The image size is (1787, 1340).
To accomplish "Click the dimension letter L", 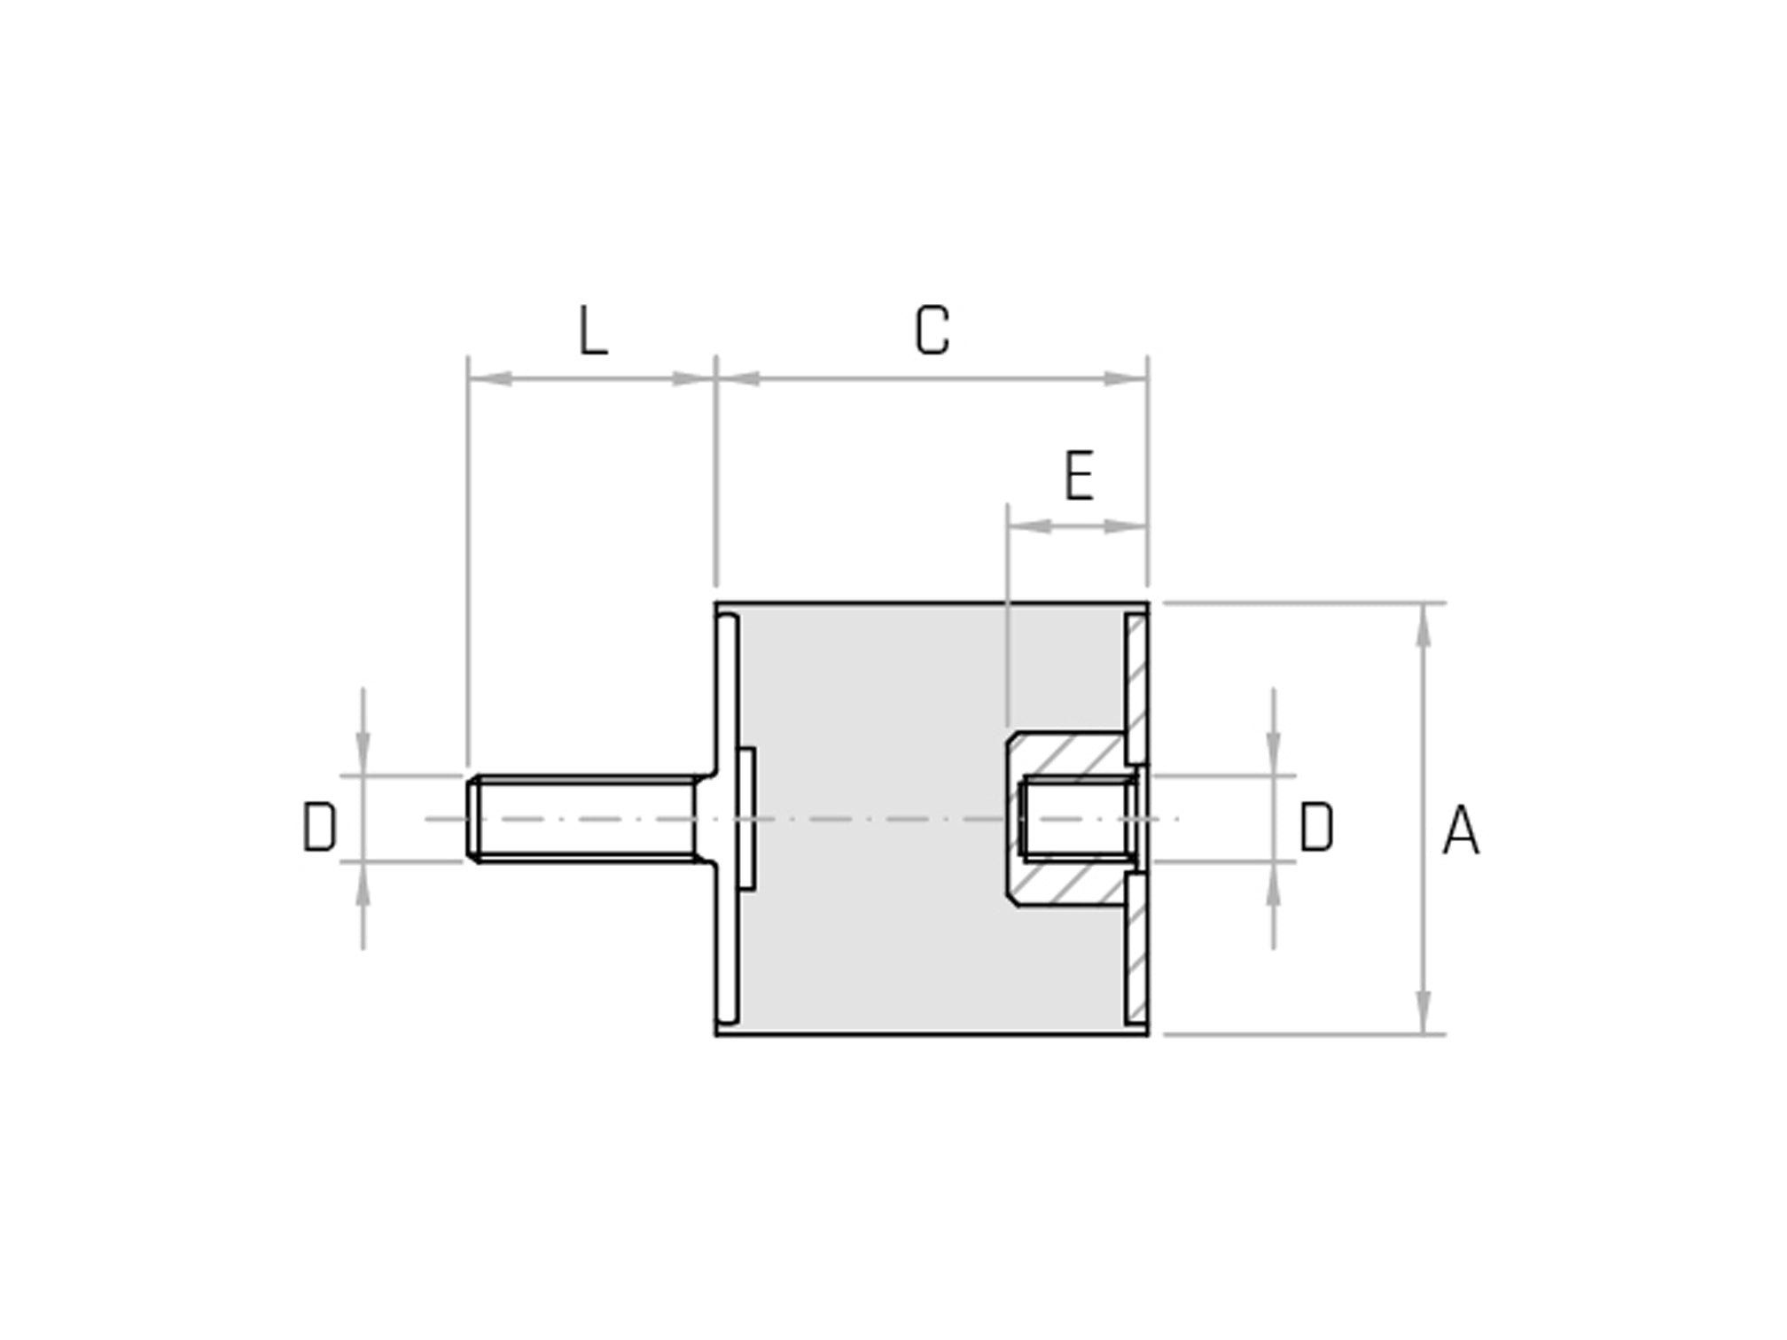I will point(593,331).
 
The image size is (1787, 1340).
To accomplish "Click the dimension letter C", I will point(932,331).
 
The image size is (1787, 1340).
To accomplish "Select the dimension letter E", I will point(1078,477).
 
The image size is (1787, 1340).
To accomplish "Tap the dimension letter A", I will point(1460,830).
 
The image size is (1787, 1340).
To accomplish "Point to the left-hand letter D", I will point(319,827).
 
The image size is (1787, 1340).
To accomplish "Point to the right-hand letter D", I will point(1315,827).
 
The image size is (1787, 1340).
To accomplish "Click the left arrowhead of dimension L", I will point(489,379).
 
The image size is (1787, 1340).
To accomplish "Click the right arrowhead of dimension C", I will point(1126,379).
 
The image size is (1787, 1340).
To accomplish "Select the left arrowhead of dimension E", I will point(1029,526).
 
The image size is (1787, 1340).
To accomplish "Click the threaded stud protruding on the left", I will point(585,818).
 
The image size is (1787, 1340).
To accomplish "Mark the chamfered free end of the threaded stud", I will point(473,818).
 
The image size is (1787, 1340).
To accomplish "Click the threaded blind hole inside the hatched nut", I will point(1077,818).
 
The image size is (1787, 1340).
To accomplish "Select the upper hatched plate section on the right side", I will point(1136,687).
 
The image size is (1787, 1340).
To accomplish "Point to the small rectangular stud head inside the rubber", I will point(746,818).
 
